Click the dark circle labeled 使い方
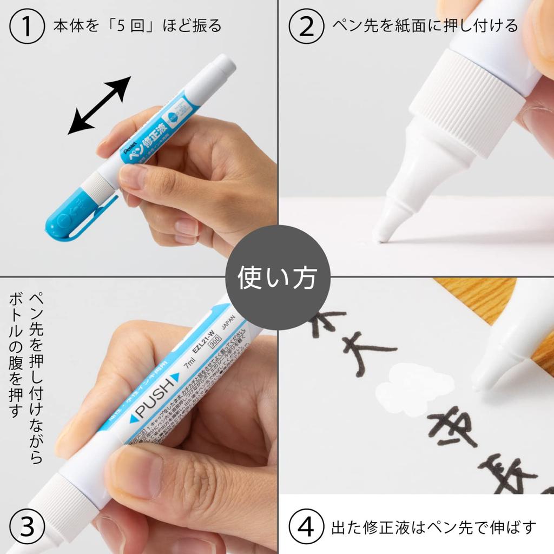(277, 277)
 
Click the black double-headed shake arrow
(100, 105)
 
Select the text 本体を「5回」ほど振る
(137, 26)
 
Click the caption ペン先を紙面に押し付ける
(425, 26)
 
